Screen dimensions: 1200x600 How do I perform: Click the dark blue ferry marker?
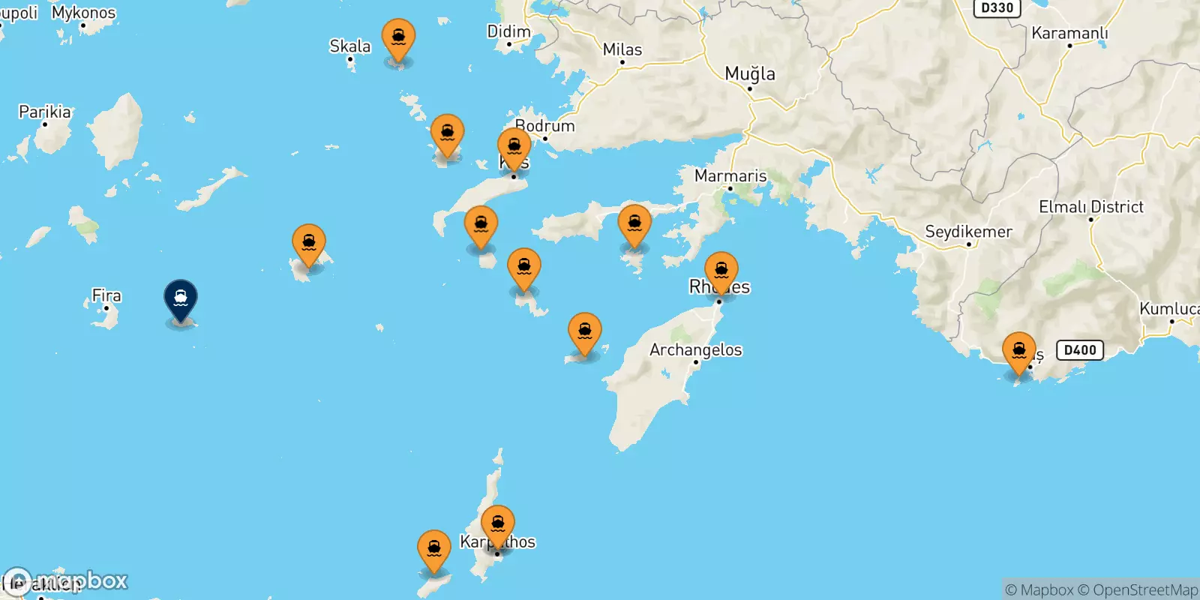tap(181, 299)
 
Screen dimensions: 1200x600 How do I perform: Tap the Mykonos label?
tap(84, 13)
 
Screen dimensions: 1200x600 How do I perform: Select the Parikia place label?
tap(45, 112)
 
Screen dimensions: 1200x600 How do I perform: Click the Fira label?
tap(106, 295)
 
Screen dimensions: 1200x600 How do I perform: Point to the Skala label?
tap(350, 46)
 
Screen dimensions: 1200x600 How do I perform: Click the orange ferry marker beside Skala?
tap(398, 38)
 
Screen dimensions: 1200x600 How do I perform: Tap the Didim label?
tap(508, 31)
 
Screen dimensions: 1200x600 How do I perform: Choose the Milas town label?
tap(622, 49)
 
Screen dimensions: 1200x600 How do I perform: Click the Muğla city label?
tap(750, 73)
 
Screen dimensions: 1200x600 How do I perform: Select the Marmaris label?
tap(730, 175)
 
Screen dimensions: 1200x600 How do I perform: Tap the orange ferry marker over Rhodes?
tap(721, 271)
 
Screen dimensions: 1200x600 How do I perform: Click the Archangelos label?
tap(696, 349)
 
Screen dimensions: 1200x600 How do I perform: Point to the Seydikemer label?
tap(968, 232)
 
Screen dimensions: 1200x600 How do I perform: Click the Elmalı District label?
tap(1091, 207)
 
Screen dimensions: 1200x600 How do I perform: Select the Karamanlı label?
tap(1069, 33)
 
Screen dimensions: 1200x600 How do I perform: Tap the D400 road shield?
tap(1080, 349)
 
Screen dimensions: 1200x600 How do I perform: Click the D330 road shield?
tap(997, 8)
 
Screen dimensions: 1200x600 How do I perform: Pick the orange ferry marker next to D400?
tap(1019, 352)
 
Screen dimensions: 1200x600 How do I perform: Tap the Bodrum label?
tap(545, 126)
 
